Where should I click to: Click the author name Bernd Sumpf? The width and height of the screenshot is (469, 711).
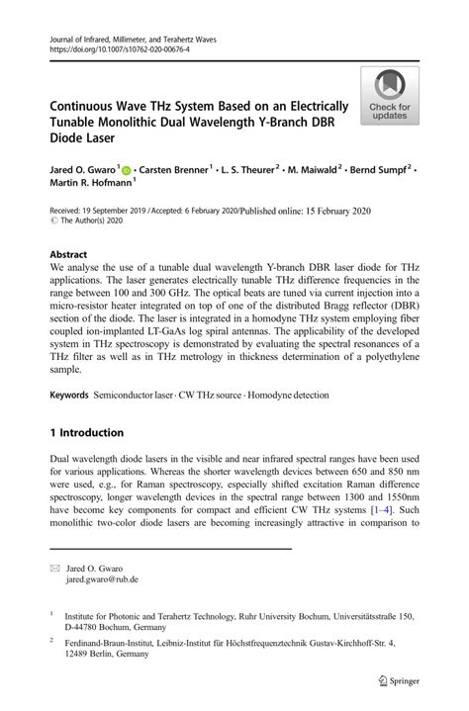point(375,171)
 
